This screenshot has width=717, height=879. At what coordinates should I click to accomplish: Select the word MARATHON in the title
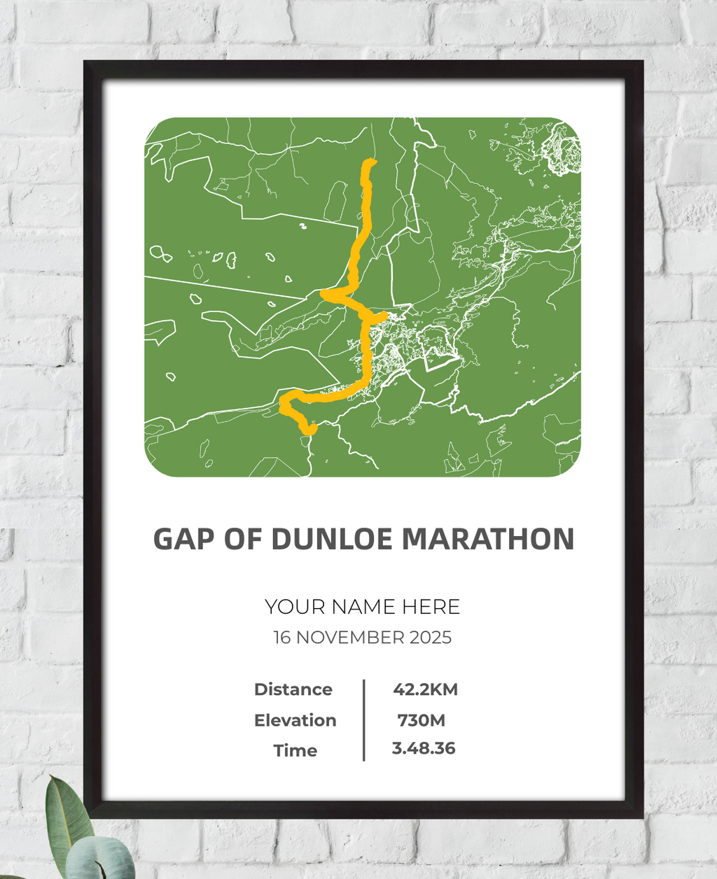[x=487, y=540]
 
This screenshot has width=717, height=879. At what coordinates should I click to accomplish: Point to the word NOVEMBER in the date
[x=349, y=638]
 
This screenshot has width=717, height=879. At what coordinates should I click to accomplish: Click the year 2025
[x=431, y=638]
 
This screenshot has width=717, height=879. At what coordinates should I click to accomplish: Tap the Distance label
[x=293, y=689]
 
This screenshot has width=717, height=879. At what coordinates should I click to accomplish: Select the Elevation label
[x=295, y=720]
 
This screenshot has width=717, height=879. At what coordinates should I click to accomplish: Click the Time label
[x=295, y=750]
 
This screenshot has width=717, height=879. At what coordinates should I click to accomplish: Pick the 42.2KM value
[x=425, y=689]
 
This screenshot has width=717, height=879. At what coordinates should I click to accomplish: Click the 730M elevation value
[x=421, y=720]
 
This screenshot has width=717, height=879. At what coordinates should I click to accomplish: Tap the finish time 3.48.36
[x=424, y=748]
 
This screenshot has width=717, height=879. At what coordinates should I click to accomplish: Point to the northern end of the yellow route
[x=370, y=163]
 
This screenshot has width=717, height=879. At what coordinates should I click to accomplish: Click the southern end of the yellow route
[x=309, y=430]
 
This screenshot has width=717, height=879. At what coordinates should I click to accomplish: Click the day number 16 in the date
[x=281, y=638]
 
